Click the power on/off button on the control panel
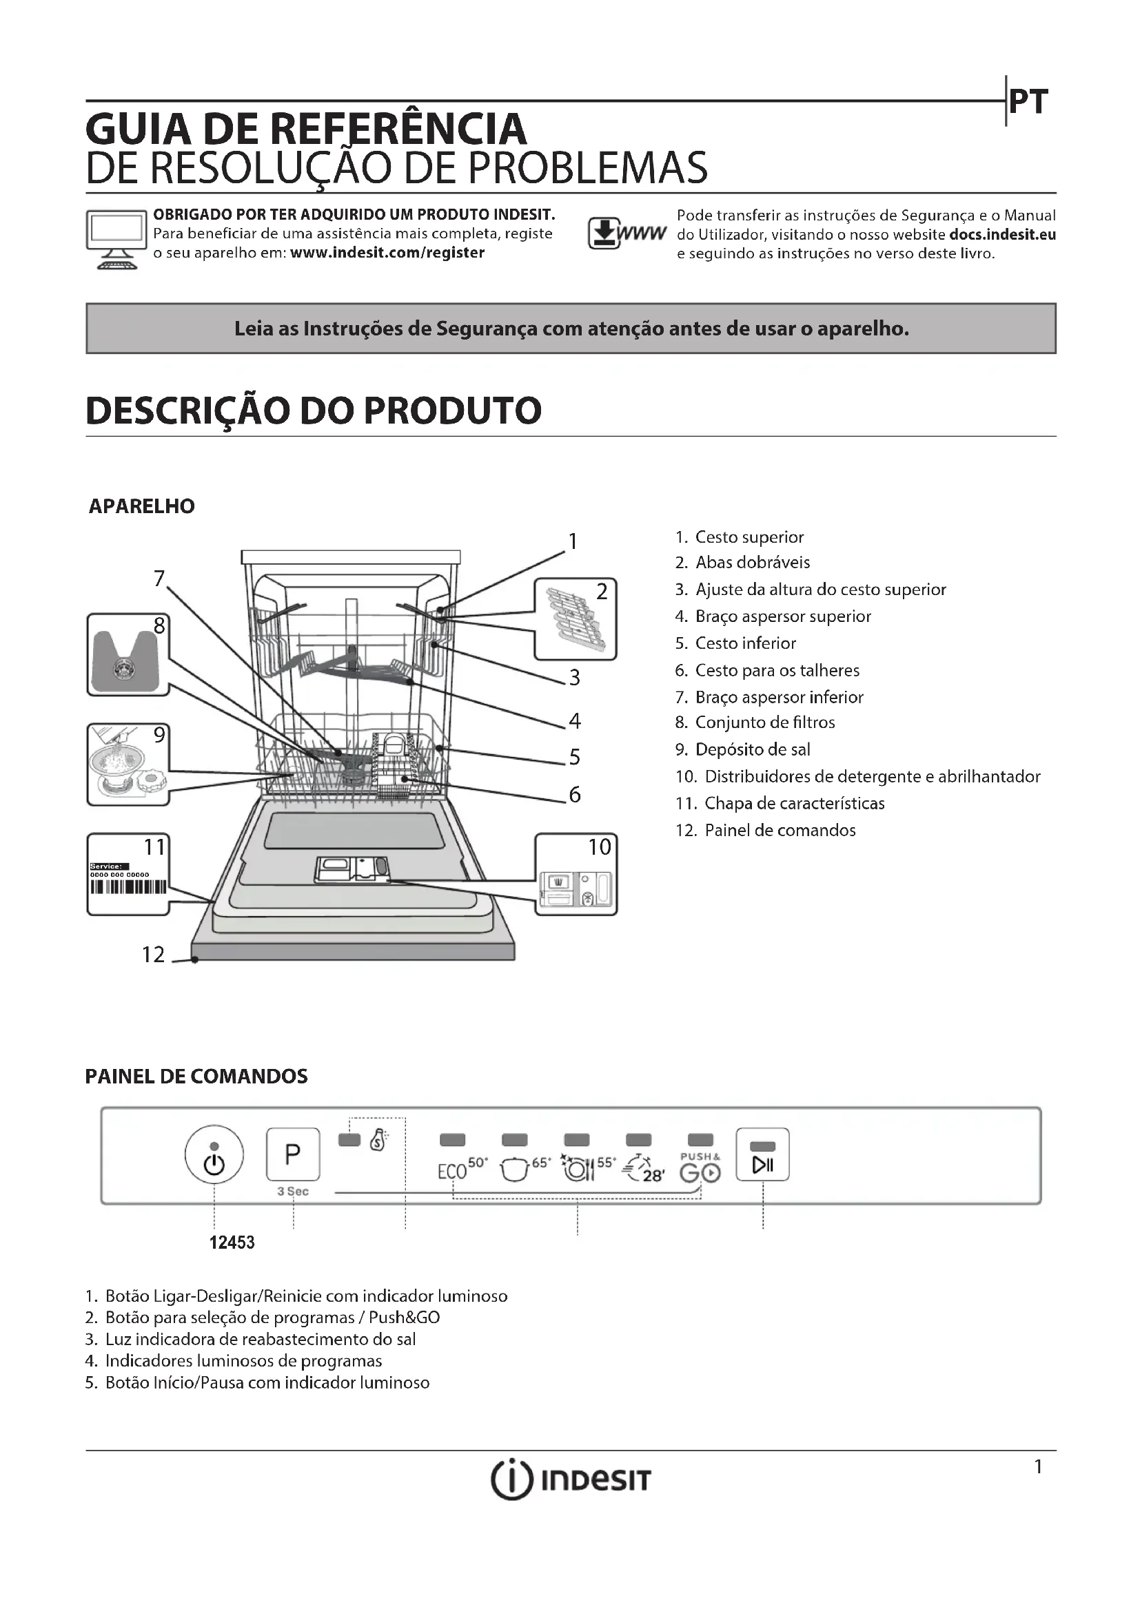(214, 1154)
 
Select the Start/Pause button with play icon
(762, 1155)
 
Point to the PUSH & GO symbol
(700, 1168)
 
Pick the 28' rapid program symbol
(643, 1169)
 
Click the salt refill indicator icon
(378, 1140)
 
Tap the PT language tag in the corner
(1028, 102)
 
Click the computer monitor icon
(116, 238)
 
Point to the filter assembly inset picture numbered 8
(128, 654)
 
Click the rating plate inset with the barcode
(128, 874)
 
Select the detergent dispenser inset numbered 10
(576, 874)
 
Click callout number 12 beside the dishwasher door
(153, 954)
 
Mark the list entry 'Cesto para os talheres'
(776, 670)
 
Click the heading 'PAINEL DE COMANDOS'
(196, 1077)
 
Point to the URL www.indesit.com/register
(387, 253)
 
